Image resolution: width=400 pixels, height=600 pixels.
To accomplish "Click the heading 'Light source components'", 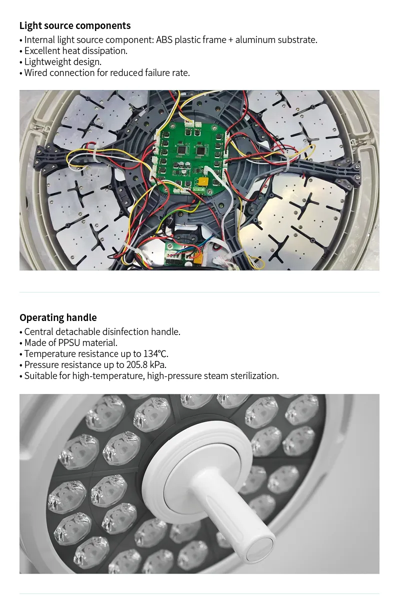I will (75, 25).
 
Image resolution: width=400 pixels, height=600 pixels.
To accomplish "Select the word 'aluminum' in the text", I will (254, 40).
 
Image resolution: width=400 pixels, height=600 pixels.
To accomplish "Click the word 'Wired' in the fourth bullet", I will (37, 73).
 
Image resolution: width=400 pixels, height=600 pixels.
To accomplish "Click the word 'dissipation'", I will (101, 51).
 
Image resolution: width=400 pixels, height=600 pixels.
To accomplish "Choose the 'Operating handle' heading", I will (58, 317).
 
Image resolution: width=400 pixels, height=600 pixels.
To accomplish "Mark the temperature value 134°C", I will (156, 354).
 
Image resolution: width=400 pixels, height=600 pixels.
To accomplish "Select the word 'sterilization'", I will (254, 376).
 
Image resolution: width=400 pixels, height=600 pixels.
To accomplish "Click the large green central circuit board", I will (193, 158).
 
